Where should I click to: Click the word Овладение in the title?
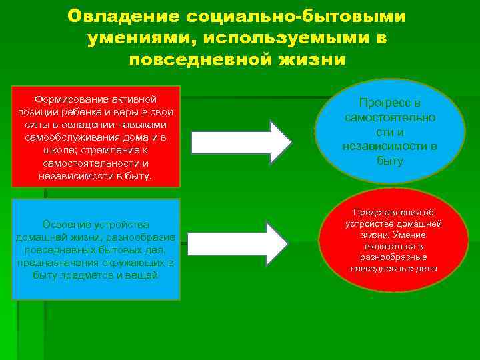click(x=126, y=15)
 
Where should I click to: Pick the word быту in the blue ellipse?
click(x=390, y=161)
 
